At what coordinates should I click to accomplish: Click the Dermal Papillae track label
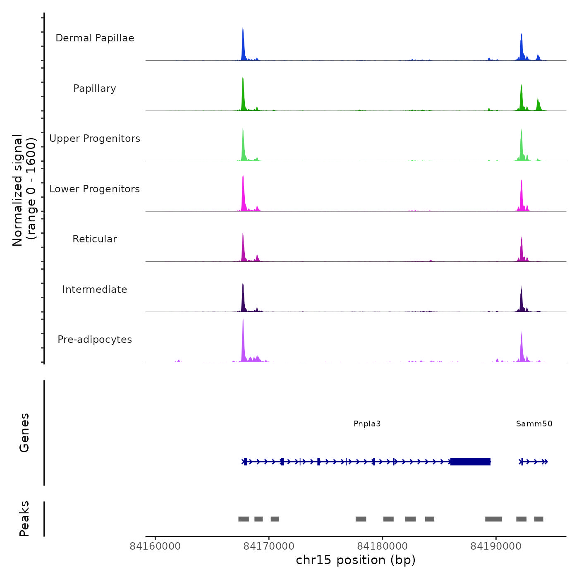tap(95, 38)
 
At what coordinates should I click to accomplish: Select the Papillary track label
tap(95, 89)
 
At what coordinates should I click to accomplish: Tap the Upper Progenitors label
tap(95, 139)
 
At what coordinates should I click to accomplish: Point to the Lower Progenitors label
tap(95, 189)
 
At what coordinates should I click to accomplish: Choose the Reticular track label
tap(95, 239)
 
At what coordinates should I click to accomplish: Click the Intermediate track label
tap(95, 289)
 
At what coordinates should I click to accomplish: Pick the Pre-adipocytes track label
tap(95, 340)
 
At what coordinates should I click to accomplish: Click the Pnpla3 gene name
tap(367, 424)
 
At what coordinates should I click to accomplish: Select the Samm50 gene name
tap(534, 424)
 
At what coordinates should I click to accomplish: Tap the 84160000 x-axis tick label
tap(155, 546)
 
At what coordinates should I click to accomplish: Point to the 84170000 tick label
tap(269, 546)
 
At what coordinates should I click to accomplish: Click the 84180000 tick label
tap(382, 546)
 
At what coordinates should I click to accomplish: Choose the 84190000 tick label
tap(496, 546)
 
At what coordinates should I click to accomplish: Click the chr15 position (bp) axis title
tap(356, 560)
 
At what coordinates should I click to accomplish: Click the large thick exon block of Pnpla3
tap(470, 462)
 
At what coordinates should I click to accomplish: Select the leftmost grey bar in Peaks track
tap(244, 519)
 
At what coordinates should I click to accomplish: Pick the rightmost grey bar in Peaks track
tap(538, 519)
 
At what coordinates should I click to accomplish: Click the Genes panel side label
tap(24, 433)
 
